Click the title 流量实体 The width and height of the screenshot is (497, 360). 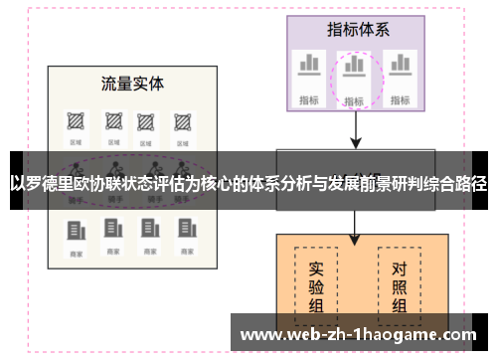tap(132, 83)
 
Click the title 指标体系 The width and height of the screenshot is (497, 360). tap(358, 30)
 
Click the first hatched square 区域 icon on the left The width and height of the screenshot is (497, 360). tap(76, 122)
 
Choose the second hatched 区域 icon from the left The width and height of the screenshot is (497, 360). tap(111, 122)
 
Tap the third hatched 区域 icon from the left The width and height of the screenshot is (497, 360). tap(147, 122)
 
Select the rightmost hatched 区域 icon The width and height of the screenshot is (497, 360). tap(183, 122)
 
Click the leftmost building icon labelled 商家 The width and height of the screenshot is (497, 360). tap(76, 231)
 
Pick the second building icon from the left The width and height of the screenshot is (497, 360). tap(111, 231)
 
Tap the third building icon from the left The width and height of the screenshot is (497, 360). tap(148, 231)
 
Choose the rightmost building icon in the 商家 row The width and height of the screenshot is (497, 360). tap(184, 231)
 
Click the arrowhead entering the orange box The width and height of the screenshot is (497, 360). tap(355, 238)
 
